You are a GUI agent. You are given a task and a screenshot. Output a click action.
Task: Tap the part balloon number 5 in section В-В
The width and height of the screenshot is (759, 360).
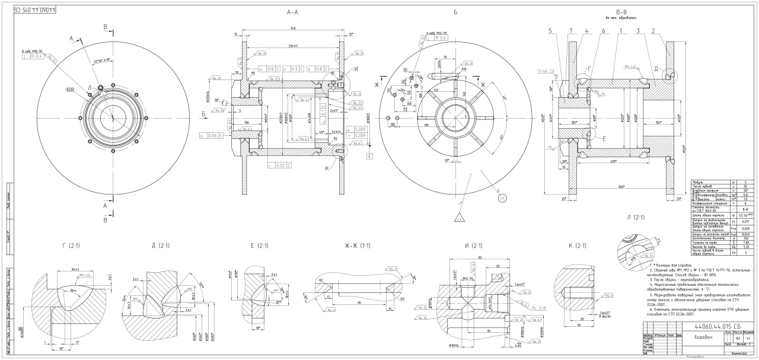550,31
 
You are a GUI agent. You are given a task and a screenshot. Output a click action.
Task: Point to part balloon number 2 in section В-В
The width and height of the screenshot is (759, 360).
653,31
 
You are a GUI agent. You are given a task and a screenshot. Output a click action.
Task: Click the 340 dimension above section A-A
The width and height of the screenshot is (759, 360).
292,29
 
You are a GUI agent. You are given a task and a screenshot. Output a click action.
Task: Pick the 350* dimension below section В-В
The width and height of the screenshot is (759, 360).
620,187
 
